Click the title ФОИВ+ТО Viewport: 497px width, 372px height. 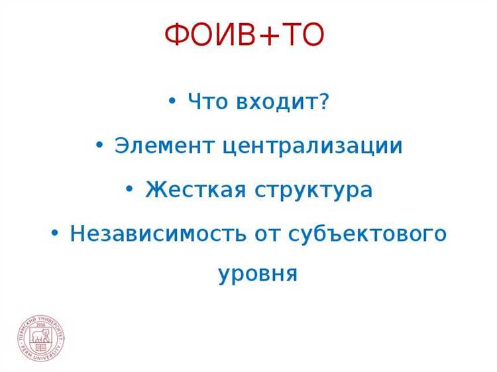click(245, 36)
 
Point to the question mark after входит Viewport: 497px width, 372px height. click(324, 102)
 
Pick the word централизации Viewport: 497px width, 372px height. click(313, 146)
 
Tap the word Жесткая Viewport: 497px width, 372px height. click(195, 190)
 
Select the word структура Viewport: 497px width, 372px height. click(313, 191)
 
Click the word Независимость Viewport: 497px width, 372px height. click(158, 233)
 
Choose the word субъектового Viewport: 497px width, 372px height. click(368, 233)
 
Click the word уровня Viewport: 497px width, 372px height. click(258, 273)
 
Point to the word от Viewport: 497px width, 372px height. click(268, 234)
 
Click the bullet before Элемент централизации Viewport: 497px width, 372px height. click(99, 145)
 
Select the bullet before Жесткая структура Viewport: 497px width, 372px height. click(129, 189)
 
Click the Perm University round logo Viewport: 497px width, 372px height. click(41, 338)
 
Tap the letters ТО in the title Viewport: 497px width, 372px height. click(302, 36)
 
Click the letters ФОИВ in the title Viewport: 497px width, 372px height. click(209, 36)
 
